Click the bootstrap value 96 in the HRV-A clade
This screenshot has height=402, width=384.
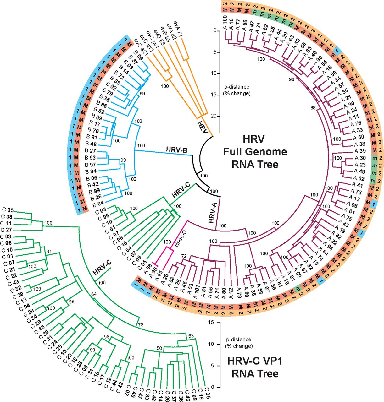point(291,79)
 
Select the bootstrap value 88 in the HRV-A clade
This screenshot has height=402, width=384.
point(313,108)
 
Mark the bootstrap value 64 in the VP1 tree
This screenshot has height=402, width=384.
point(94,294)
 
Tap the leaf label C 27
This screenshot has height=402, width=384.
point(7,230)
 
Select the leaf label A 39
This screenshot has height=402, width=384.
point(360,151)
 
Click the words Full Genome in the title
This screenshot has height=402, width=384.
point(255,152)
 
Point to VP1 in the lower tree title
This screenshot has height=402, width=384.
point(272,361)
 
